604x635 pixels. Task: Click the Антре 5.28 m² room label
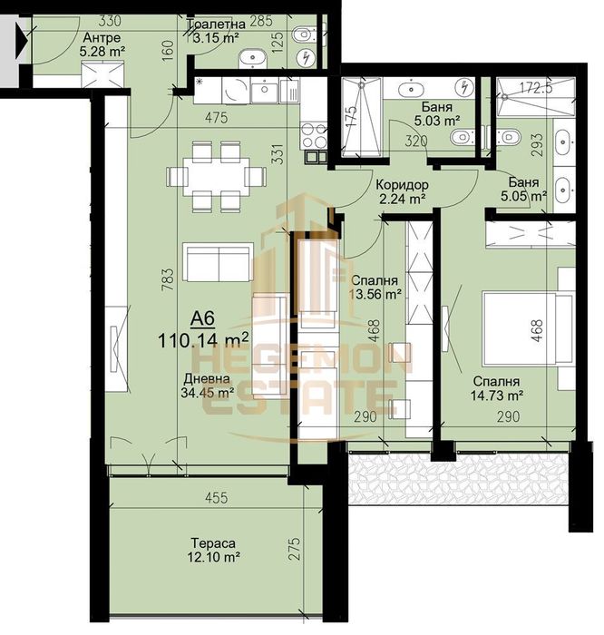101,45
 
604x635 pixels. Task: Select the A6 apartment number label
204,319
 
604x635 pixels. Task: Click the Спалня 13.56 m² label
375,287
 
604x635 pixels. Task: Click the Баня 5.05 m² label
525,188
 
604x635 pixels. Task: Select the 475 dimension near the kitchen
215,117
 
